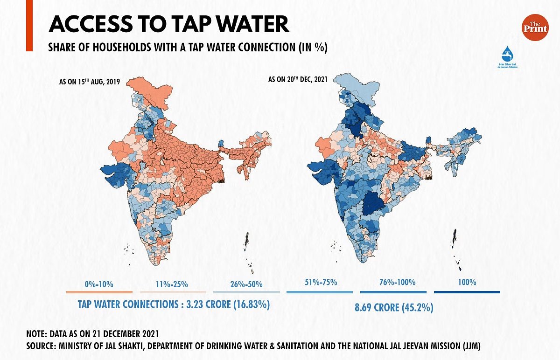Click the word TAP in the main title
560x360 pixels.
[188, 25]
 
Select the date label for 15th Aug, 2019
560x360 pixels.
[90, 82]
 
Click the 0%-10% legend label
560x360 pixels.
[99, 284]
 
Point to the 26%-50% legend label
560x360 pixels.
[246, 284]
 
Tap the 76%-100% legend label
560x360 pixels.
[394, 282]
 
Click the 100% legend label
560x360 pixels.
[467, 282]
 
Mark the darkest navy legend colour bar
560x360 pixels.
[467, 292]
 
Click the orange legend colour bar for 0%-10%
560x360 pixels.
[99, 292]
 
